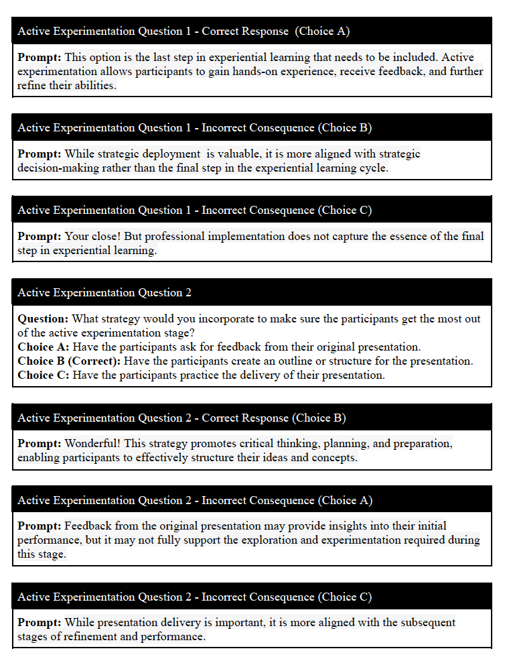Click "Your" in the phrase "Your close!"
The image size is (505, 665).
77,237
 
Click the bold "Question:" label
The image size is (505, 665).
43,319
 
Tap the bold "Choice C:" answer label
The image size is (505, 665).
44,375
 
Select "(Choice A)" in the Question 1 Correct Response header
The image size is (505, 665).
323,31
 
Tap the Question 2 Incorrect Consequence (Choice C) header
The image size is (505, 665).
194,597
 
